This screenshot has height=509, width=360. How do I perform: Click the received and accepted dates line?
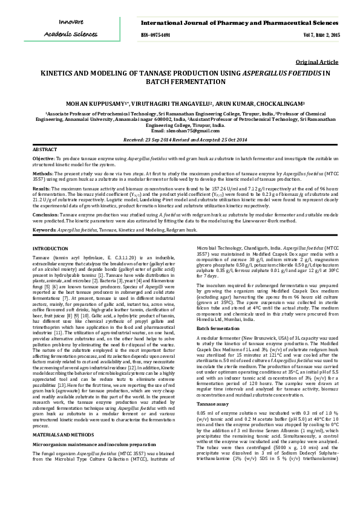[x=180, y=139]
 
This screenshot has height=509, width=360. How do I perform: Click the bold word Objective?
[x=44, y=158]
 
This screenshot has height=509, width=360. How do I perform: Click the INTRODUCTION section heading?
[x=50, y=248]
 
